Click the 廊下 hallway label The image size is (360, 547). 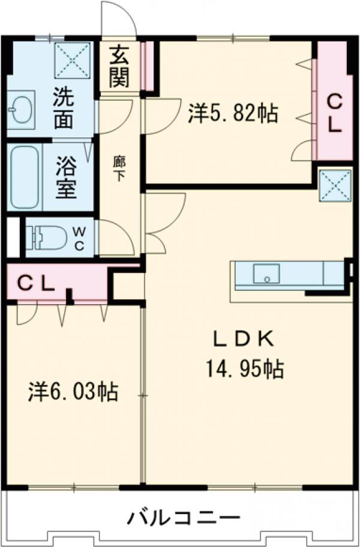pos(119,169)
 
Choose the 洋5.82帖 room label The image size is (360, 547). pos(232,113)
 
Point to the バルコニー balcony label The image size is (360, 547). pos(184,517)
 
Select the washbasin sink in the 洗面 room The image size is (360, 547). pos(21,111)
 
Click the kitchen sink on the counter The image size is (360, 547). pos(266,273)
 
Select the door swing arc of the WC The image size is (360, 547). pos(117,237)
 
